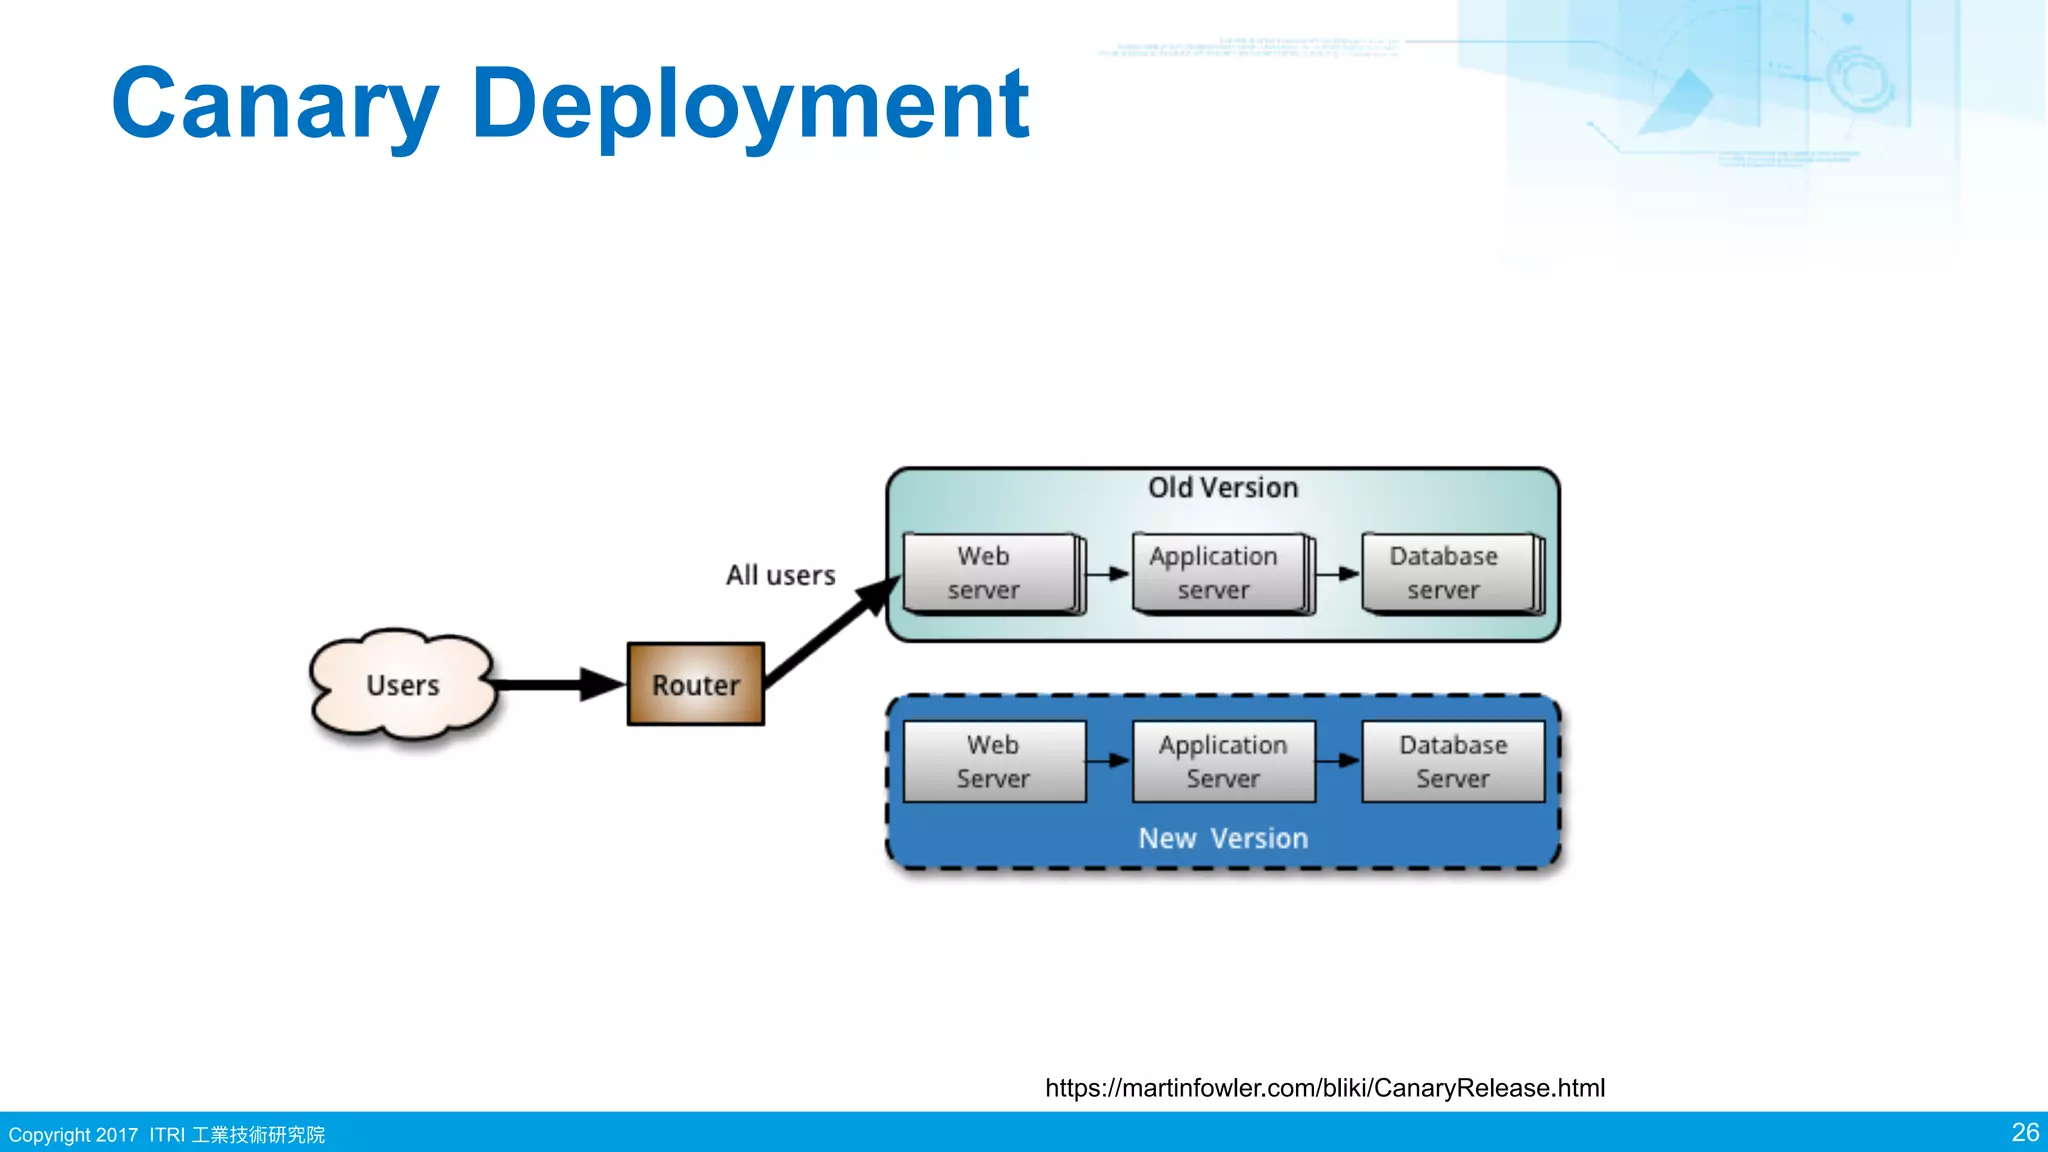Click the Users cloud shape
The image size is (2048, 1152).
point(403,686)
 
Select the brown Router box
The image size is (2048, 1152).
point(696,685)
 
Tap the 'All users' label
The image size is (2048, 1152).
point(780,575)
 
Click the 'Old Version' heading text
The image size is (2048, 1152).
point(1222,488)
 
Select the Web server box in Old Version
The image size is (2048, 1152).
point(990,573)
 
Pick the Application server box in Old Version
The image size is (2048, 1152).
point(1219,573)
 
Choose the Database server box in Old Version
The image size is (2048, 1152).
point(1448,573)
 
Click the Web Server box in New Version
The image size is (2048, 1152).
point(994,762)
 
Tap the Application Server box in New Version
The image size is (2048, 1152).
point(1223,762)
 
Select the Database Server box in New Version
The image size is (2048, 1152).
point(1453,762)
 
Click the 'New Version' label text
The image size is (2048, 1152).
point(1222,838)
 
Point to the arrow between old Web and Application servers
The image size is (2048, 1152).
point(1108,574)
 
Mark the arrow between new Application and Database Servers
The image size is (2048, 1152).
point(1338,761)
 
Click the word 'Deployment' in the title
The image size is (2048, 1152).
point(750,104)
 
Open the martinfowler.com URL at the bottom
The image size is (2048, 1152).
point(1324,1088)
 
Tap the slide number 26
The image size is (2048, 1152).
point(2024,1133)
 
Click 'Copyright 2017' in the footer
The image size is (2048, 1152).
point(73,1135)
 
